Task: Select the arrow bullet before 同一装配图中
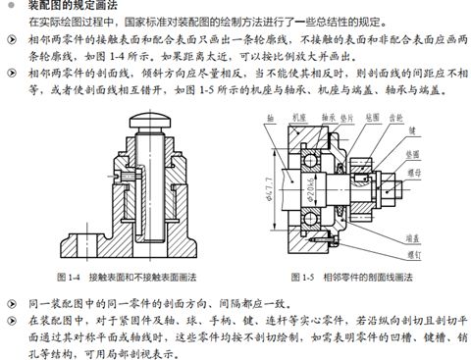8,296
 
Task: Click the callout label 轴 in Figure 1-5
269,113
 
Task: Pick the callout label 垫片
340,113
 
